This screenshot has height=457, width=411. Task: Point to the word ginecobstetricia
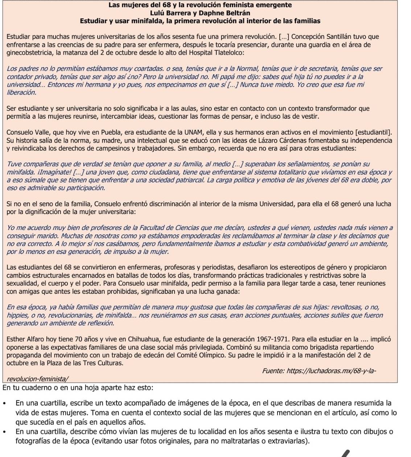29,53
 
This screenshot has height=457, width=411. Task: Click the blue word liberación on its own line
22,92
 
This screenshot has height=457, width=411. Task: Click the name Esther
17,339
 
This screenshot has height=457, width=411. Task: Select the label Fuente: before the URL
274,371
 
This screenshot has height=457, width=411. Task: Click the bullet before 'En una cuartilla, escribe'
4,403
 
